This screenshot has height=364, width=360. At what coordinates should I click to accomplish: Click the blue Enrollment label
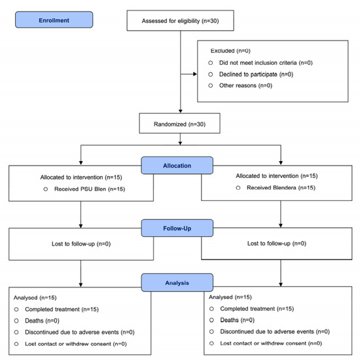click(x=54, y=20)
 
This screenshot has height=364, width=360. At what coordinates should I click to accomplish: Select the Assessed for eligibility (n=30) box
click(x=181, y=20)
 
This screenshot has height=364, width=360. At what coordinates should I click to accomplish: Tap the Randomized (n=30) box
click(x=179, y=123)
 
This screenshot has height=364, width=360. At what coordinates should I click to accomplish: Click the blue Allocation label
click(x=177, y=165)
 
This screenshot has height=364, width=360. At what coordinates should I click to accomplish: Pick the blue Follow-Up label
click(x=177, y=228)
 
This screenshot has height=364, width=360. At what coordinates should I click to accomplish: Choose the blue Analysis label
click(x=177, y=283)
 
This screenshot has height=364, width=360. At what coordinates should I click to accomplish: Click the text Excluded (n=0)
click(x=230, y=51)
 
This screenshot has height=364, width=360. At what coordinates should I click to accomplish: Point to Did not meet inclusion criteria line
click(x=266, y=63)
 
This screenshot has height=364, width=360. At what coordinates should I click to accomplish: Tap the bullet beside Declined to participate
click(x=211, y=74)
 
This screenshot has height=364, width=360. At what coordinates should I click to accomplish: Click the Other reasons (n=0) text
click(x=245, y=85)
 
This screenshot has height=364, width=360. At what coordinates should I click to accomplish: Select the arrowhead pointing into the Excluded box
click(x=195, y=74)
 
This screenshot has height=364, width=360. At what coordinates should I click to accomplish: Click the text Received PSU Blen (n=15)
click(x=90, y=189)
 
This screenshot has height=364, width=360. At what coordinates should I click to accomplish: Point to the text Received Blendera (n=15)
click(x=281, y=188)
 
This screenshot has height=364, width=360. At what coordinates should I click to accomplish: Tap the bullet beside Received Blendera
click(x=238, y=188)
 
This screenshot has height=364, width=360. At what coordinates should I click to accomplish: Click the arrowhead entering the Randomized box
click(x=181, y=111)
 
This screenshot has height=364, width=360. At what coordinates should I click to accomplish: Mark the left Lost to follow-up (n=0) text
click(x=81, y=244)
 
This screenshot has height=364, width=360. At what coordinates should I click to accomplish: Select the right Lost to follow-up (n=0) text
click(x=277, y=244)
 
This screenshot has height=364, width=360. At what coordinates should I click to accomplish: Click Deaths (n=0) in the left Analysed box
click(x=42, y=321)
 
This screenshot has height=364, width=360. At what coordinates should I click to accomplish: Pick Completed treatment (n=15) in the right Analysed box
click(x=257, y=308)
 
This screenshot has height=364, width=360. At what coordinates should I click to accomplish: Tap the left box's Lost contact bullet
click(x=16, y=344)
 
